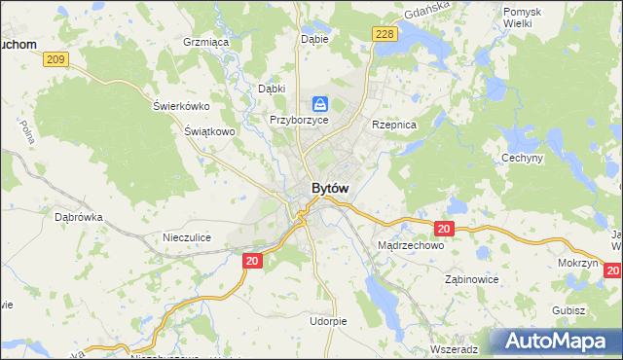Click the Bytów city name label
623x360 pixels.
330,188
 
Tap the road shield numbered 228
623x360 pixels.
385,35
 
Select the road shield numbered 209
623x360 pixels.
56,60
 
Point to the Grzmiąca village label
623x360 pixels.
205,42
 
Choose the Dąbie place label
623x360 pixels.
314,40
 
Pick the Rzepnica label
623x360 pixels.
394,126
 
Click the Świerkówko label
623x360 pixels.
182,106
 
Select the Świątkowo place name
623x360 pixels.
210,130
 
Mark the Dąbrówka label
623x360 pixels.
79,218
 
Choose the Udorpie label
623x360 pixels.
328,320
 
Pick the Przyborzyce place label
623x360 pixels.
299,120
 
